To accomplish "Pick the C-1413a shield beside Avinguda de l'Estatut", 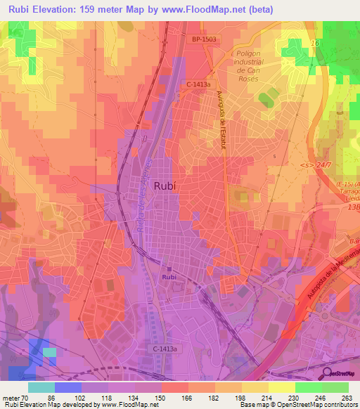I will (x=199, y=85).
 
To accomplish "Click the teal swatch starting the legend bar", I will (x=41, y=387).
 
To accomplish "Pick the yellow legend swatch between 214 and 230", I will (x=282, y=387).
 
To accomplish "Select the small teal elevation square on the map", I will (x=49, y=352).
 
